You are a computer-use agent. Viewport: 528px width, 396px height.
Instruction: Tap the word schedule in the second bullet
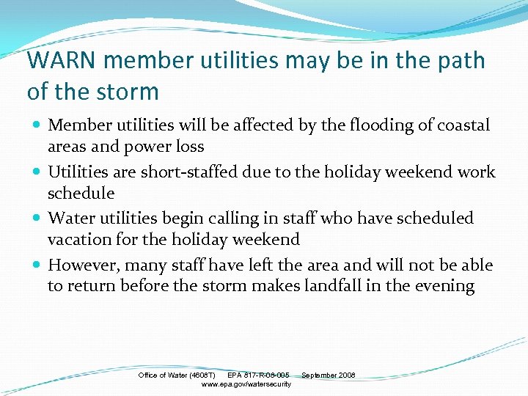(81, 193)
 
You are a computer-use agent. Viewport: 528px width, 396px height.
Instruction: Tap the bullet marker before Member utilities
(36, 126)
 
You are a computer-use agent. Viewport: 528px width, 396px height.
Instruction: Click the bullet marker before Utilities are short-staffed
(36, 173)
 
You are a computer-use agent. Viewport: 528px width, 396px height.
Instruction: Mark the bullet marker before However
(36, 265)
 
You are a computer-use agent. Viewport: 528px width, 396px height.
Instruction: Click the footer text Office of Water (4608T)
(177, 375)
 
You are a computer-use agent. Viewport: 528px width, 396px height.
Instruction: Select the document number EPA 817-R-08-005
(258, 375)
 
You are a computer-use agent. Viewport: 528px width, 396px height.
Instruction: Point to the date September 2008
(328, 375)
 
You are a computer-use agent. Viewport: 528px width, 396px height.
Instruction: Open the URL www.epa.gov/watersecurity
(246, 384)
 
